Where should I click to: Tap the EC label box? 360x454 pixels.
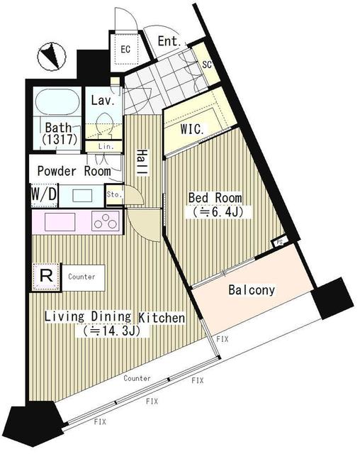pyautogui.click(x=125, y=49)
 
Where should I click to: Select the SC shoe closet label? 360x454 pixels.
pyautogui.click(x=207, y=65)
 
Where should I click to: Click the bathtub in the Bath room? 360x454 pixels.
pyautogui.click(x=55, y=104)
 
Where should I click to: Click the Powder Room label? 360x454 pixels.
pyautogui.click(x=73, y=171)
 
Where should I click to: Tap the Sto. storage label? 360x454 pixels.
pyautogui.click(x=113, y=194)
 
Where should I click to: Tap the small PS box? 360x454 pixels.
pyautogui.click(x=280, y=242)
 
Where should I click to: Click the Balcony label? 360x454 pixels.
pyautogui.click(x=252, y=290)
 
